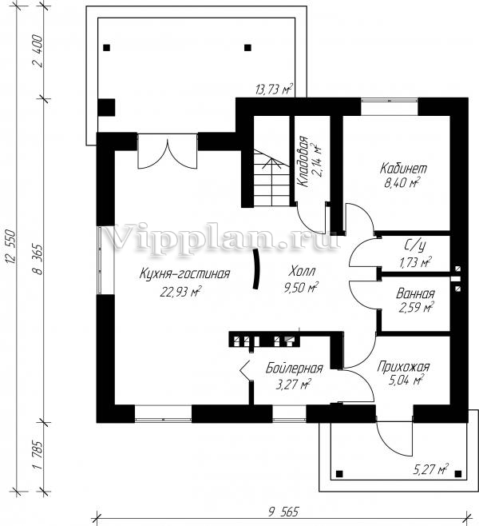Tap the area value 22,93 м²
tap(180, 291)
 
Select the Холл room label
tap(302, 270)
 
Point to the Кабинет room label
tap(404, 169)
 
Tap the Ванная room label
tap(415, 293)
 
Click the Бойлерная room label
tap(294, 369)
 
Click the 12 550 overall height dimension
tap(14, 253)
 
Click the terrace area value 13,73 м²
tap(273, 90)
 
